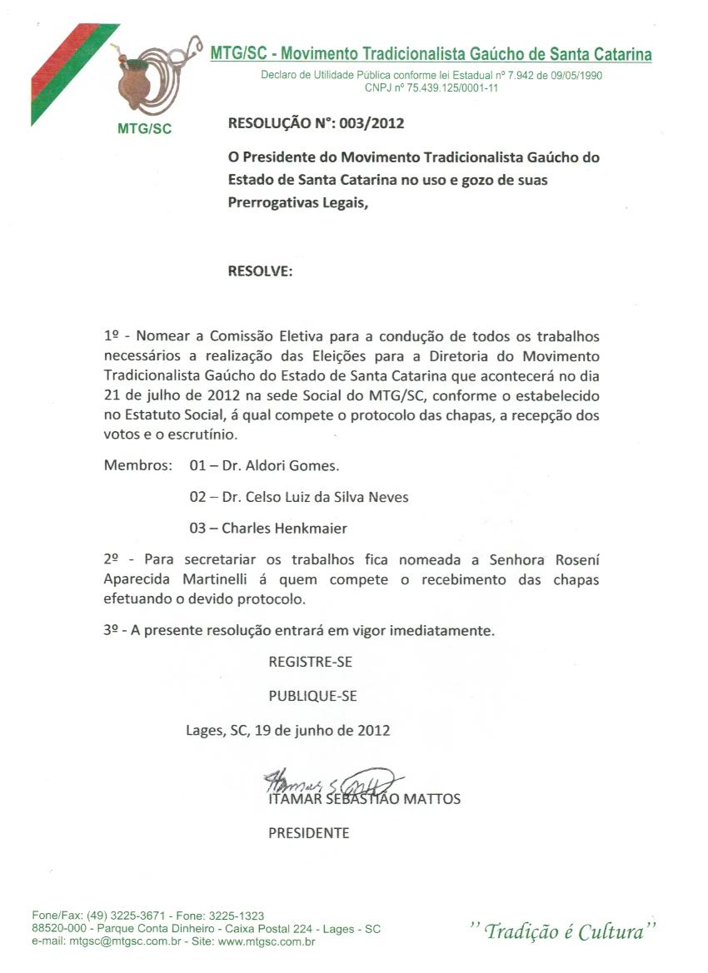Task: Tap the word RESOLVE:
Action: click(x=260, y=271)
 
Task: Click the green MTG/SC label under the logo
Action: click(x=140, y=130)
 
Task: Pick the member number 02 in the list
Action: click(x=197, y=497)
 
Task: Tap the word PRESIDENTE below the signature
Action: click(x=308, y=832)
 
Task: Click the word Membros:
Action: click(x=137, y=465)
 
